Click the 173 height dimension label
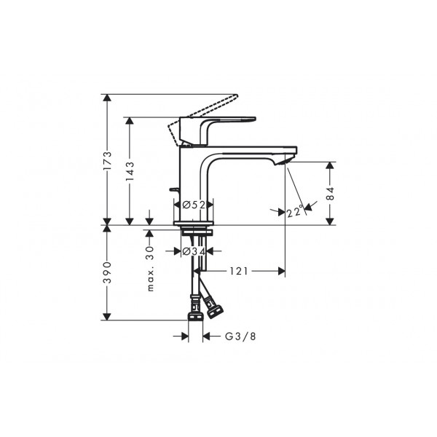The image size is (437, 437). click(107, 161)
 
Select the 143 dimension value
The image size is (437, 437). click(130, 170)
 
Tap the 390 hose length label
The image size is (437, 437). click(107, 272)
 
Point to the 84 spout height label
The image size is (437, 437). click(330, 193)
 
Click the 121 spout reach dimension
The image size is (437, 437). click(239, 271)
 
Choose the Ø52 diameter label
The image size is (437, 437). click(194, 205)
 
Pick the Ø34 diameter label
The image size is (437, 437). click(194, 251)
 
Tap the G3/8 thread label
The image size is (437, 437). click(240, 336)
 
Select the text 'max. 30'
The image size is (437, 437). click(150, 268)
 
